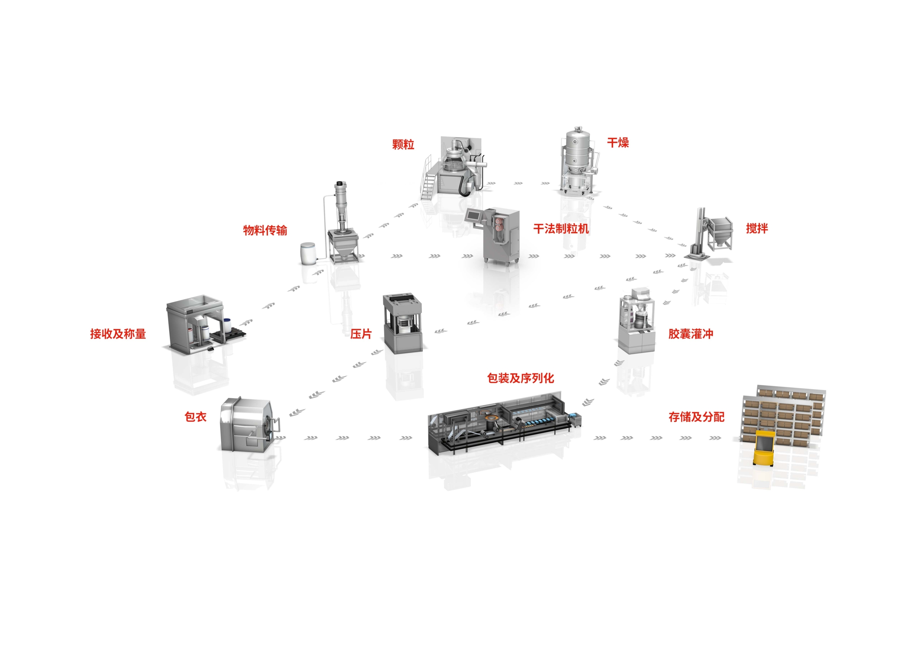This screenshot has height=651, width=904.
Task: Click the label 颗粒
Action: click(403, 144)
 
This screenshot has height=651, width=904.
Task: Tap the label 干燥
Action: click(618, 142)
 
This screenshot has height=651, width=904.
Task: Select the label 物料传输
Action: click(265, 230)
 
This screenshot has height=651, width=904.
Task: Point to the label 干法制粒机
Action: click(561, 229)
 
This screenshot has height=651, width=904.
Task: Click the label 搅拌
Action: click(756, 228)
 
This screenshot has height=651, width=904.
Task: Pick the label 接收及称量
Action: click(118, 334)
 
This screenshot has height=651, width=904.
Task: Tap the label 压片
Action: click(361, 334)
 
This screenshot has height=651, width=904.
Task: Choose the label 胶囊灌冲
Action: click(690, 334)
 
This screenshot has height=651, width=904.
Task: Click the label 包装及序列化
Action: click(521, 378)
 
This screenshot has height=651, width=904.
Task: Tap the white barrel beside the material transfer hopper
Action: click(308, 253)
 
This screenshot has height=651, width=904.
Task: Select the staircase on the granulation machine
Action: click(429, 187)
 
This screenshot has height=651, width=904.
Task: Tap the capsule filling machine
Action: click(637, 320)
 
